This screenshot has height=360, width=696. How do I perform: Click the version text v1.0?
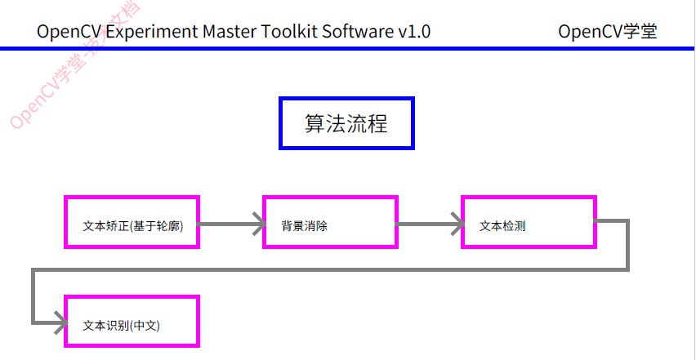414,32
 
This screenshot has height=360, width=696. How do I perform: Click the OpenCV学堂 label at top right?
608,32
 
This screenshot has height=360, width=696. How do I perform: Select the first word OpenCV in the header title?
68,32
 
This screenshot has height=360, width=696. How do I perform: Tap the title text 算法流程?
346,124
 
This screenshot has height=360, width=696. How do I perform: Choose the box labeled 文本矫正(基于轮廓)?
132,222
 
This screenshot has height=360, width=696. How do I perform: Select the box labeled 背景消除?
330,222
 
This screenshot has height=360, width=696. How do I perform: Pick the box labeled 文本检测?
529,222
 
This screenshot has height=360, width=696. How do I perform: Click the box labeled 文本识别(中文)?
132,322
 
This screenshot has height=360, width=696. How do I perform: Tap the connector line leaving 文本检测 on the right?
627,245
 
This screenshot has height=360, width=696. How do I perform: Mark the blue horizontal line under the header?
348,49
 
